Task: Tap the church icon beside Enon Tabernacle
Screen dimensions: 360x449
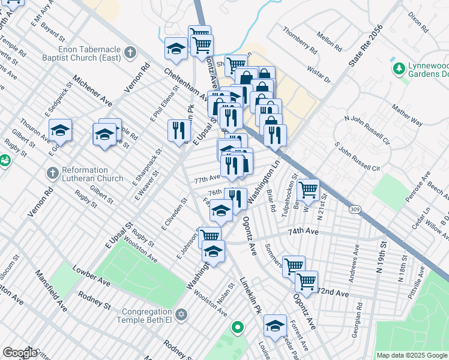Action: click(x=130, y=53)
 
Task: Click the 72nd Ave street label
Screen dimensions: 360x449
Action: click(x=333, y=293)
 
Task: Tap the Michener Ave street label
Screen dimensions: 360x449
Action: click(x=93, y=91)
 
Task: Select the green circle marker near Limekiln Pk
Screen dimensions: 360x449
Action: click(x=238, y=328)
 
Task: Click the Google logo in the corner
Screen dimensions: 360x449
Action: click(x=20, y=352)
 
